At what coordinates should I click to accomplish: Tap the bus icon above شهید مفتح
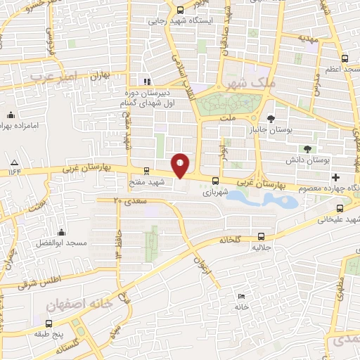146,170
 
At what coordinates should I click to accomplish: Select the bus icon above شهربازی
214,180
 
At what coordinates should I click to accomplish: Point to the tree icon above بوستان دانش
307,148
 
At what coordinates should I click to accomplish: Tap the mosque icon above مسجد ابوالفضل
62,232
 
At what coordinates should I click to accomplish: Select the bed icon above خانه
242,297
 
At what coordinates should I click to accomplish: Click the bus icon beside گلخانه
262,237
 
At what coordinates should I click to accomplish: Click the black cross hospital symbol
336,176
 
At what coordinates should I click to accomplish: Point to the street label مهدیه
308,38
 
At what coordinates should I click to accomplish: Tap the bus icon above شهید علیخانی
340,208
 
